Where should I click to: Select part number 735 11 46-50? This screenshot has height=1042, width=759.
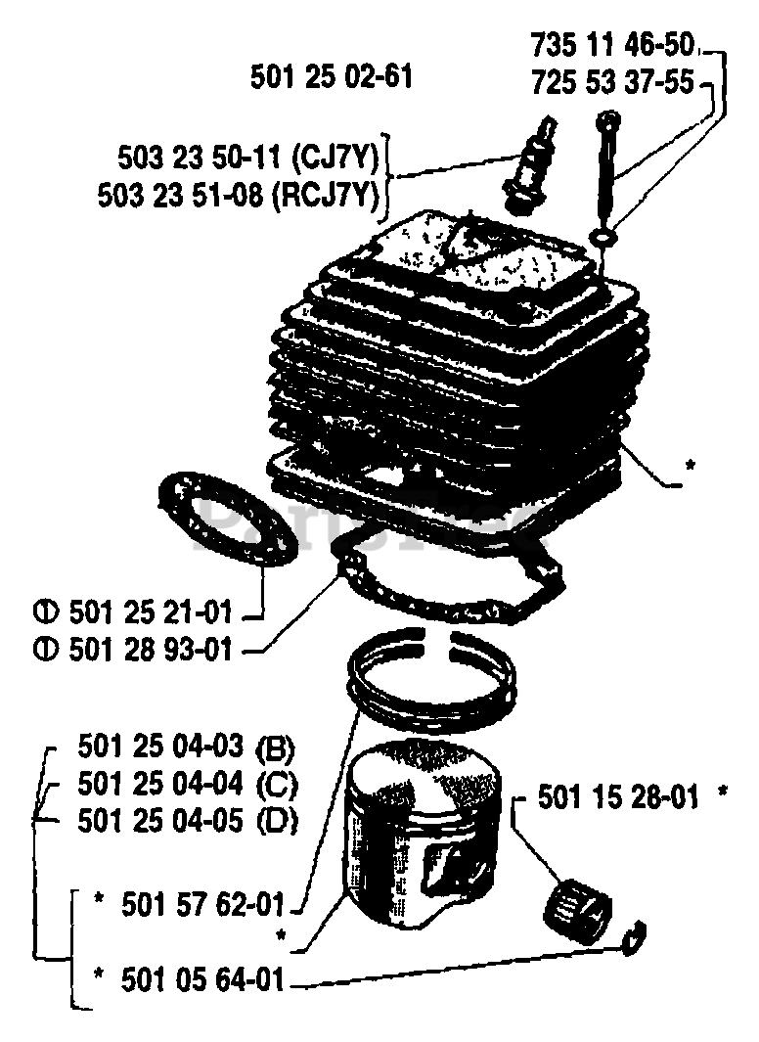[612, 44]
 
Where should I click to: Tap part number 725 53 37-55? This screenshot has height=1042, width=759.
[612, 84]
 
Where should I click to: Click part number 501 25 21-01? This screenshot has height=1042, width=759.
[151, 613]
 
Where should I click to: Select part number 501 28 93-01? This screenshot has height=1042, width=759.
[151, 649]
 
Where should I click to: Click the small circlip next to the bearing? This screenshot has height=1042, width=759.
[637, 939]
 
